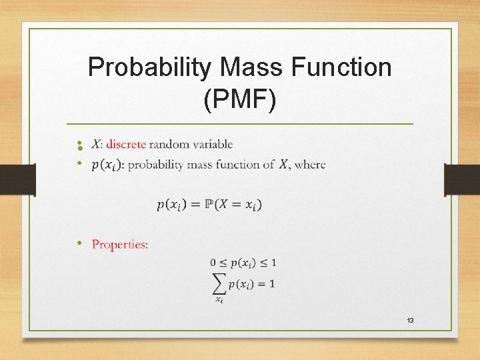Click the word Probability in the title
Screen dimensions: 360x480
147,67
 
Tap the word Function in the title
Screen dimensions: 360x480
340,67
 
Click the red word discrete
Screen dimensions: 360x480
126,144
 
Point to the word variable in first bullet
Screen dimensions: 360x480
211,144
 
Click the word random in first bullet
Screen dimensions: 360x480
169,144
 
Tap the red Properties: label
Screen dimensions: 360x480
120,245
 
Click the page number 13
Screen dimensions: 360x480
410,321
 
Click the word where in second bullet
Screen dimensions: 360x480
310,164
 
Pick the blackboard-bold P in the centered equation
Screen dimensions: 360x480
209,205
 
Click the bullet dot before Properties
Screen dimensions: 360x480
79,243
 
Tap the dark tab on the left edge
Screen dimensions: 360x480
17,180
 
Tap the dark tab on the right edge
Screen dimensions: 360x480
462,180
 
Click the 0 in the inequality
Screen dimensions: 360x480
213,261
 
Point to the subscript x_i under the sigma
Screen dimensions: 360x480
219,299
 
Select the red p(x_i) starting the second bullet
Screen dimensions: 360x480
107,165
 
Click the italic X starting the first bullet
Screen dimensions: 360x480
95,144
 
